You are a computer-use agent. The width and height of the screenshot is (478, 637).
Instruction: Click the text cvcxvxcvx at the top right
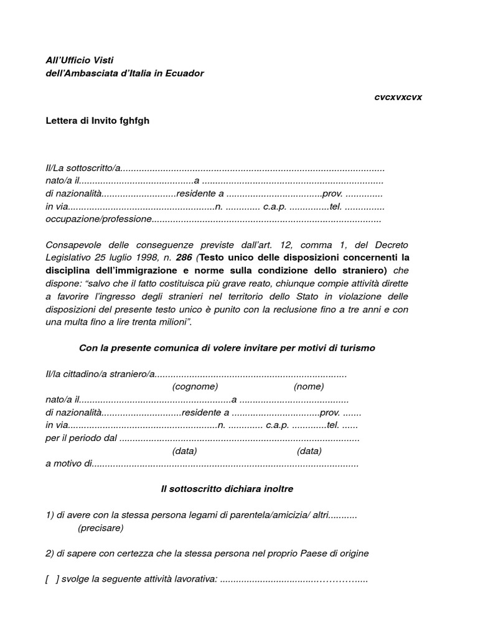click(398, 98)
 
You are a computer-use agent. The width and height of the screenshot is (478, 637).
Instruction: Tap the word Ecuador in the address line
click(183, 73)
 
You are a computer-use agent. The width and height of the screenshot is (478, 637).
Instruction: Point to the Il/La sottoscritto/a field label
click(82, 169)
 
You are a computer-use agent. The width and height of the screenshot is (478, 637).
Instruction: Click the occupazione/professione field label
click(98, 219)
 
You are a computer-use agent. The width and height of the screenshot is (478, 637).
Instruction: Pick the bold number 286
click(184, 257)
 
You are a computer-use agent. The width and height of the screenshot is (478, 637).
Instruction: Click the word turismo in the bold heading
click(354, 348)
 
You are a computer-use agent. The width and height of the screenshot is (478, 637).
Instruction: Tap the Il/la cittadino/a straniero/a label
click(100, 374)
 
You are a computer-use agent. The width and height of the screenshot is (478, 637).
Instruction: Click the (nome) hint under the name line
click(309, 386)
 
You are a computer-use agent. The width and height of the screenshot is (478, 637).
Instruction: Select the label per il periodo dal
click(81, 438)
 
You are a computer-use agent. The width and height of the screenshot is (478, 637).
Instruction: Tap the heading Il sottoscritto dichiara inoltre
click(227, 489)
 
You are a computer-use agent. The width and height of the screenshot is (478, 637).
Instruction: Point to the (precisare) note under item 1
click(100, 528)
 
